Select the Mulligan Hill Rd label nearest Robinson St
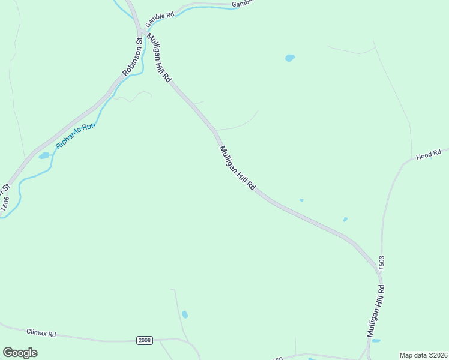coord(159,58)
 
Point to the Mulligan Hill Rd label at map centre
coord(238,169)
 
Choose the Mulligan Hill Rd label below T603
coord(376,310)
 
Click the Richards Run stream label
coord(76,136)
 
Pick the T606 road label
coord(5,204)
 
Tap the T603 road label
coord(381,262)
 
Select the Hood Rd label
coord(429,155)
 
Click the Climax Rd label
coord(41,332)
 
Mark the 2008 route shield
coord(145,340)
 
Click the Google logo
coord(20,352)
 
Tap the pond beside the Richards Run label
coord(44,156)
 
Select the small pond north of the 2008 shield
coord(185,314)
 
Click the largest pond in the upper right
coord(290,58)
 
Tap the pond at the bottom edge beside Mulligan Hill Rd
coord(376,341)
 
